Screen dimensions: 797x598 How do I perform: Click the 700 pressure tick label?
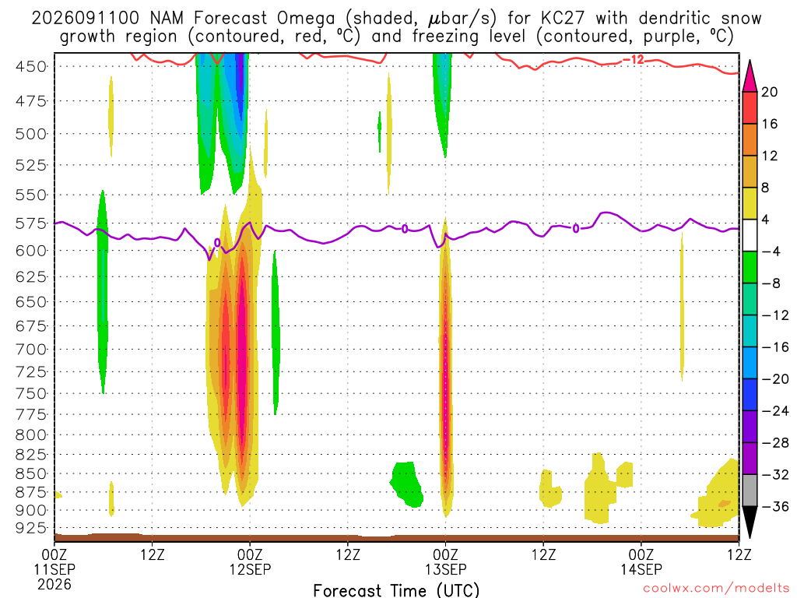click(31, 350)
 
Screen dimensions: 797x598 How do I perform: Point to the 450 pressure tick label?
click(31, 67)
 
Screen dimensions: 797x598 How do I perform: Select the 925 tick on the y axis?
click(31, 528)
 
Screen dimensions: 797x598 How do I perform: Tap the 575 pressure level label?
click(31, 223)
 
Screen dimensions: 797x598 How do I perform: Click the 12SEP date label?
click(250, 569)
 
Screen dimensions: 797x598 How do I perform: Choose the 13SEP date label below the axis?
click(446, 569)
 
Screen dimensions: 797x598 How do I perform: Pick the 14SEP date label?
click(641, 569)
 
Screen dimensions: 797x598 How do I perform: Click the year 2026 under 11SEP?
click(54, 584)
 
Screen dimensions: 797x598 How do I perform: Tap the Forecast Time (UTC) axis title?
click(396, 590)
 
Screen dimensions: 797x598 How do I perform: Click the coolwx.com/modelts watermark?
click(716, 589)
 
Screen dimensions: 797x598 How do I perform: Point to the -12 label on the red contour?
click(633, 60)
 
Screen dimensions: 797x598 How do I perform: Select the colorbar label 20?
click(770, 92)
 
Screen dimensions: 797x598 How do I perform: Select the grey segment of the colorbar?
click(750, 491)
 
